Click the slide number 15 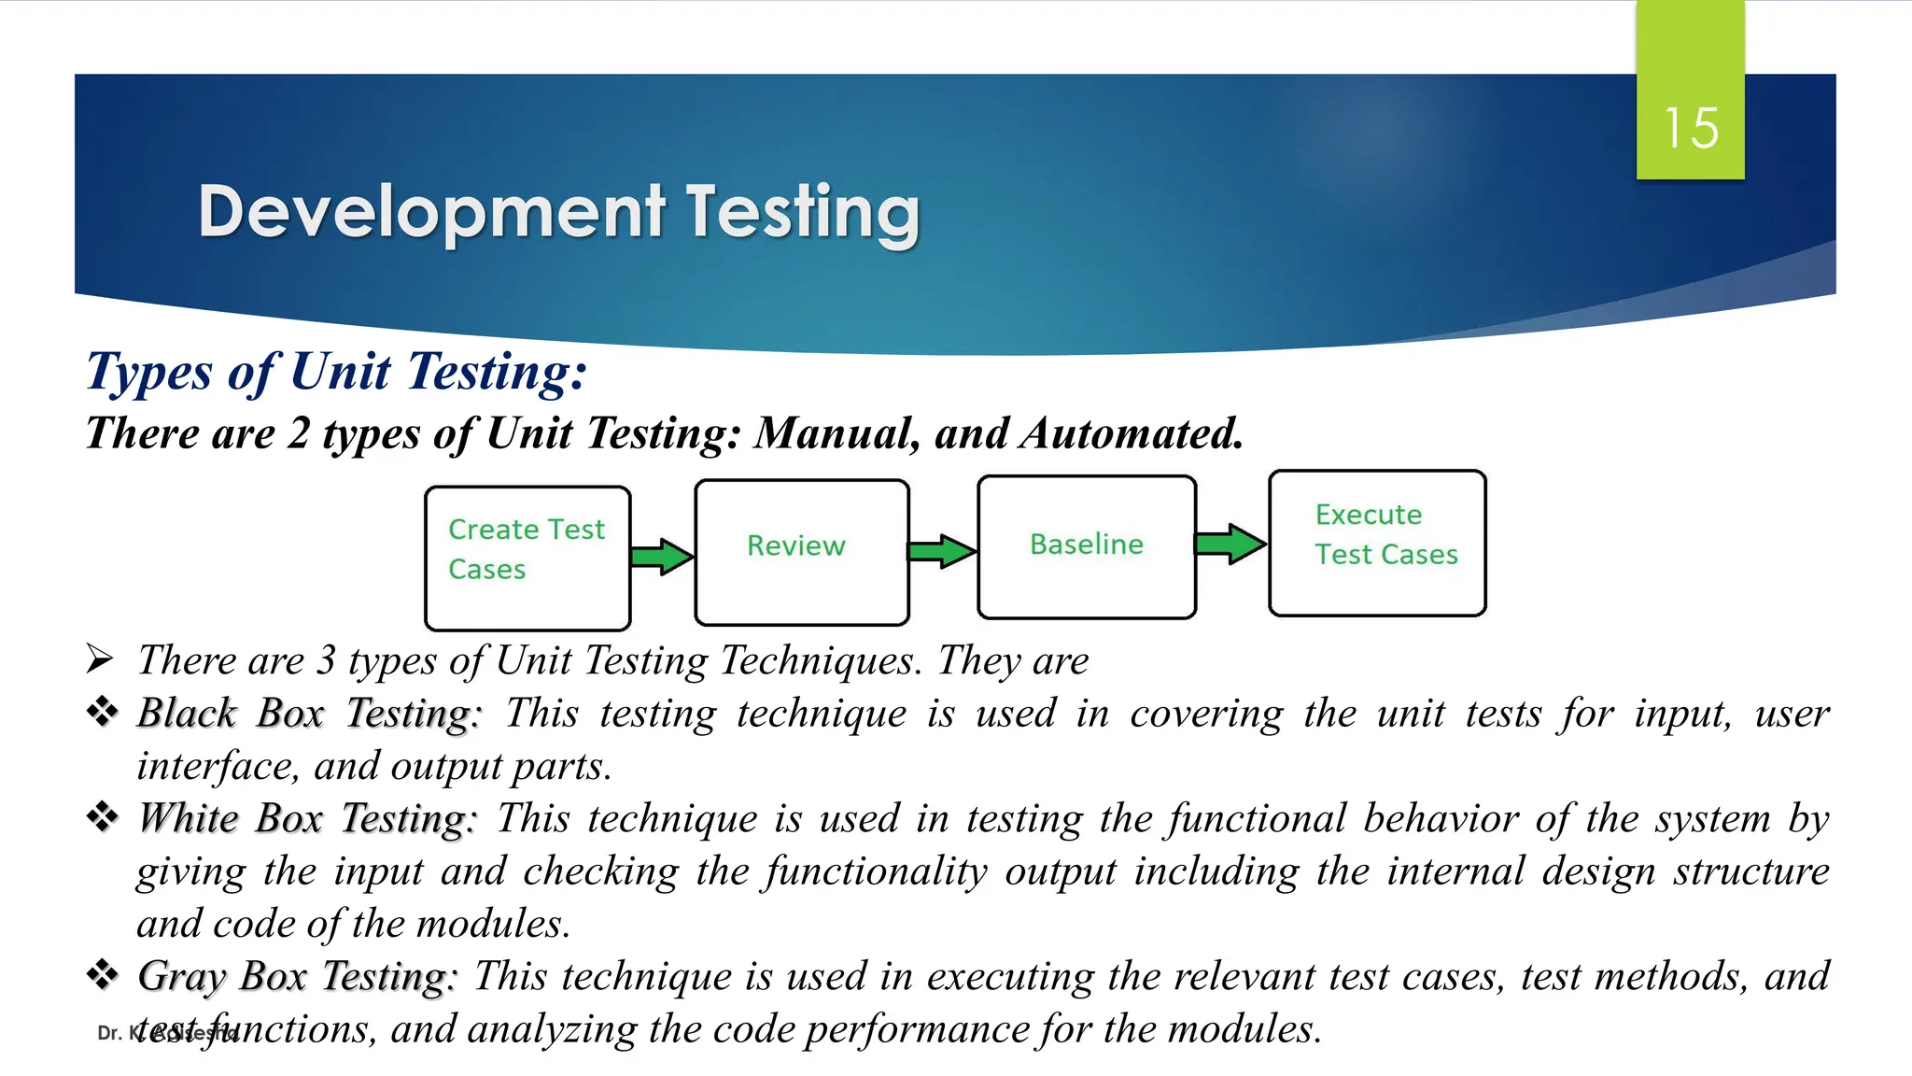point(1691,128)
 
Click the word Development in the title point(431,212)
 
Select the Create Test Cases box point(527,558)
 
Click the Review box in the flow point(801,551)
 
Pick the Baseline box point(1087,546)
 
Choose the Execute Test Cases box point(1377,543)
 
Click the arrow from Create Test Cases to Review point(662,557)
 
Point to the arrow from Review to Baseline point(942,551)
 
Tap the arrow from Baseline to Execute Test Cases point(1230,544)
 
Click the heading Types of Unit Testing point(336,372)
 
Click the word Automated point(1132,433)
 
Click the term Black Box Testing point(309,714)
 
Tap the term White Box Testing point(307,819)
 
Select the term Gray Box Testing point(297,977)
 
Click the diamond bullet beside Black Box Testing point(102,712)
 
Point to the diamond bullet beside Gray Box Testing point(102,975)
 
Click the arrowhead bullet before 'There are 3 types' point(100,658)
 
